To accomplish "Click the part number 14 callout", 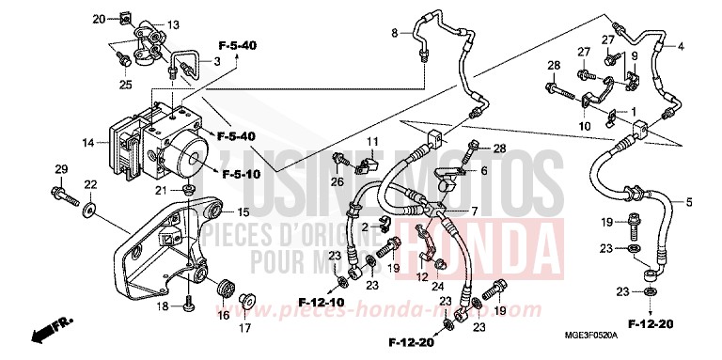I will tap(87, 143).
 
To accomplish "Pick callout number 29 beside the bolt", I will tap(61, 169).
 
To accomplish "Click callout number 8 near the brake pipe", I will tap(395, 34).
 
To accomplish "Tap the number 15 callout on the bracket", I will tap(243, 211).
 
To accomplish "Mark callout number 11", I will tap(372, 142).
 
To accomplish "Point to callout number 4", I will tap(681, 46).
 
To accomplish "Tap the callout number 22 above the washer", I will tap(91, 184).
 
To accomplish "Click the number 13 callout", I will tap(173, 24).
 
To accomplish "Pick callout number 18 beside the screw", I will tap(163, 306).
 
